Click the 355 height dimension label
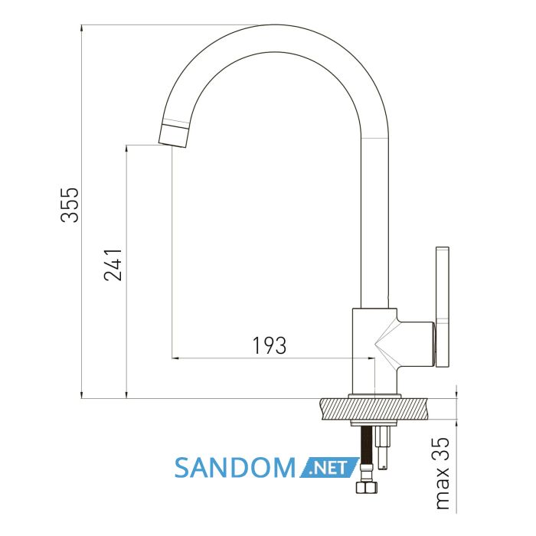click(x=70, y=204)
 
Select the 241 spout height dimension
click(x=113, y=265)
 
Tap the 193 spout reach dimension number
click(x=269, y=345)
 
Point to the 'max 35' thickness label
click(x=443, y=473)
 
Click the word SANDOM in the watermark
click(x=234, y=468)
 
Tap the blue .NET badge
click(x=328, y=467)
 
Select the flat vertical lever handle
click(x=443, y=306)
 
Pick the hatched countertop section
click(x=375, y=409)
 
